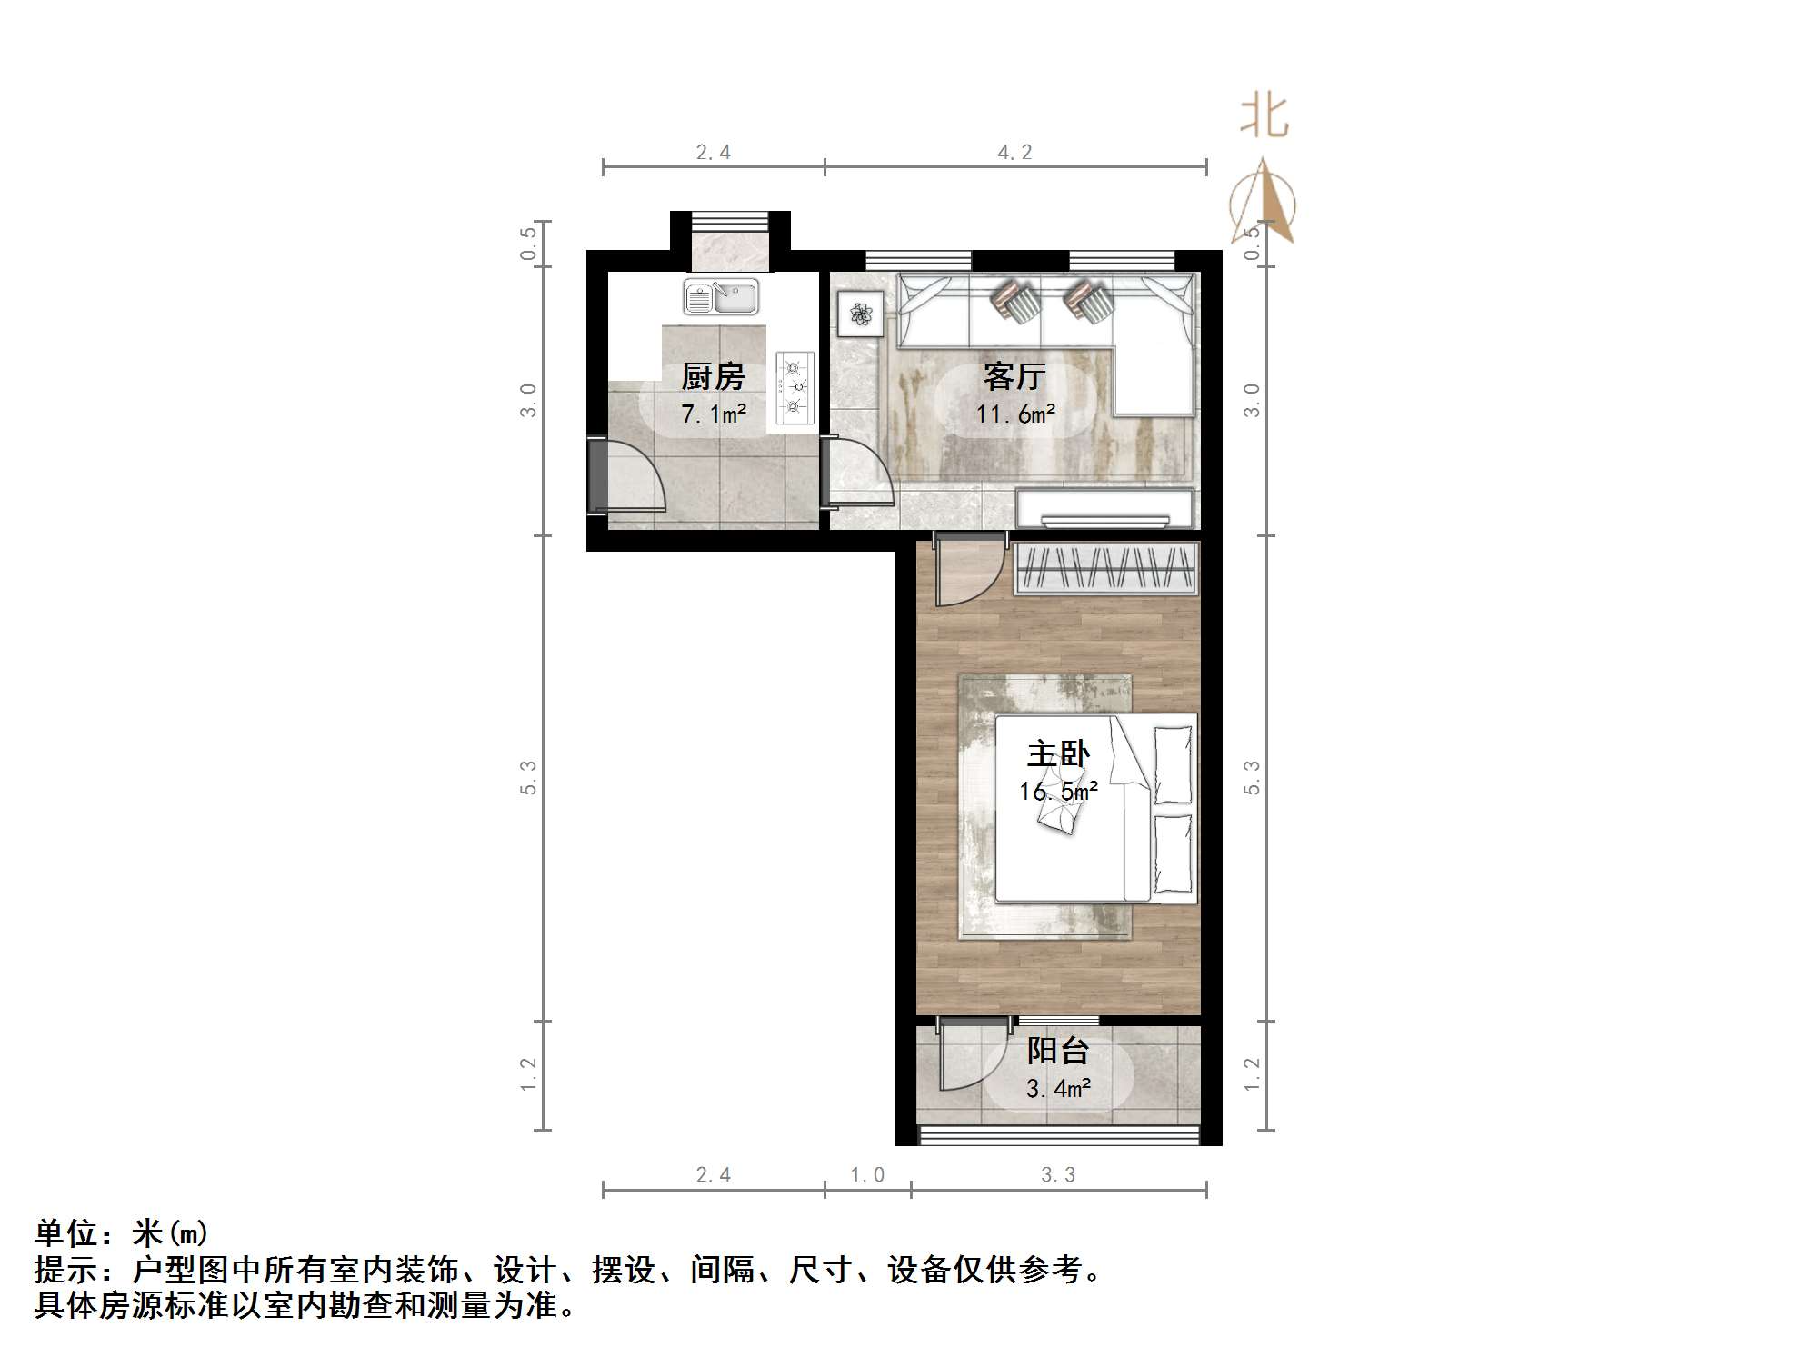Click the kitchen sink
pos(721,296)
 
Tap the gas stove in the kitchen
pos(795,388)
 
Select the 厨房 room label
pos(713,376)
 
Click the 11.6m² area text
pos(1015,414)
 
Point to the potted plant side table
pos(860,314)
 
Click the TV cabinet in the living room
pos(1104,509)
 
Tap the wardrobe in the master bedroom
pos(1105,568)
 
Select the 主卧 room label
pos(1058,754)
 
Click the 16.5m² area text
pos(1058,792)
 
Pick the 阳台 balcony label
pos(1058,1051)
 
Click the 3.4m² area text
pos(1058,1088)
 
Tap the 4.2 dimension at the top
pos(1014,153)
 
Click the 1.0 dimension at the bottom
pos(867,1175)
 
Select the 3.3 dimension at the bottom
pos(1058,1175)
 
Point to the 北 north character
pos(1264,117)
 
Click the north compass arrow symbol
pos(1264,205)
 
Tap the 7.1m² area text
pos(714,414)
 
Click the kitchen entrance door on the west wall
pos(627,477)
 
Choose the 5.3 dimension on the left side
pos(528,778)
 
